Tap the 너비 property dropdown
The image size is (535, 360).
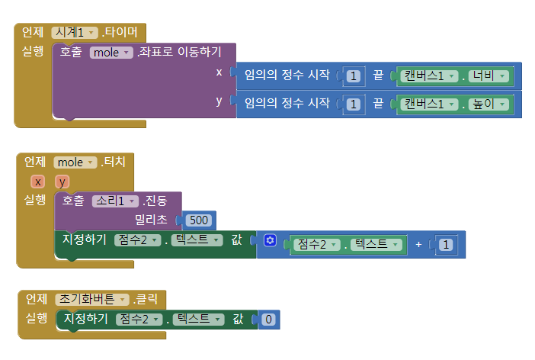click(x=488, y=76)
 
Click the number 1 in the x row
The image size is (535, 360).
click(x=353, y=76)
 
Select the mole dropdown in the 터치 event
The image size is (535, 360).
click(x=75, y=162)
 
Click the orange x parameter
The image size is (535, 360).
click(x=36, y=182)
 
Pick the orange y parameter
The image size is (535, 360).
click(x=61, y=182)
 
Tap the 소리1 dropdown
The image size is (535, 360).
click(x=114, y=201)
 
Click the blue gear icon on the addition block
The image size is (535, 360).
click(x=269, y=241)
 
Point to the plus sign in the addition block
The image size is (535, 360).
click(x=418, y=244)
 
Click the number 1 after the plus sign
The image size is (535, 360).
click(x=446, y=244)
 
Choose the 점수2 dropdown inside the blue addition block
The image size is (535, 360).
click(x=314, y=244)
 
